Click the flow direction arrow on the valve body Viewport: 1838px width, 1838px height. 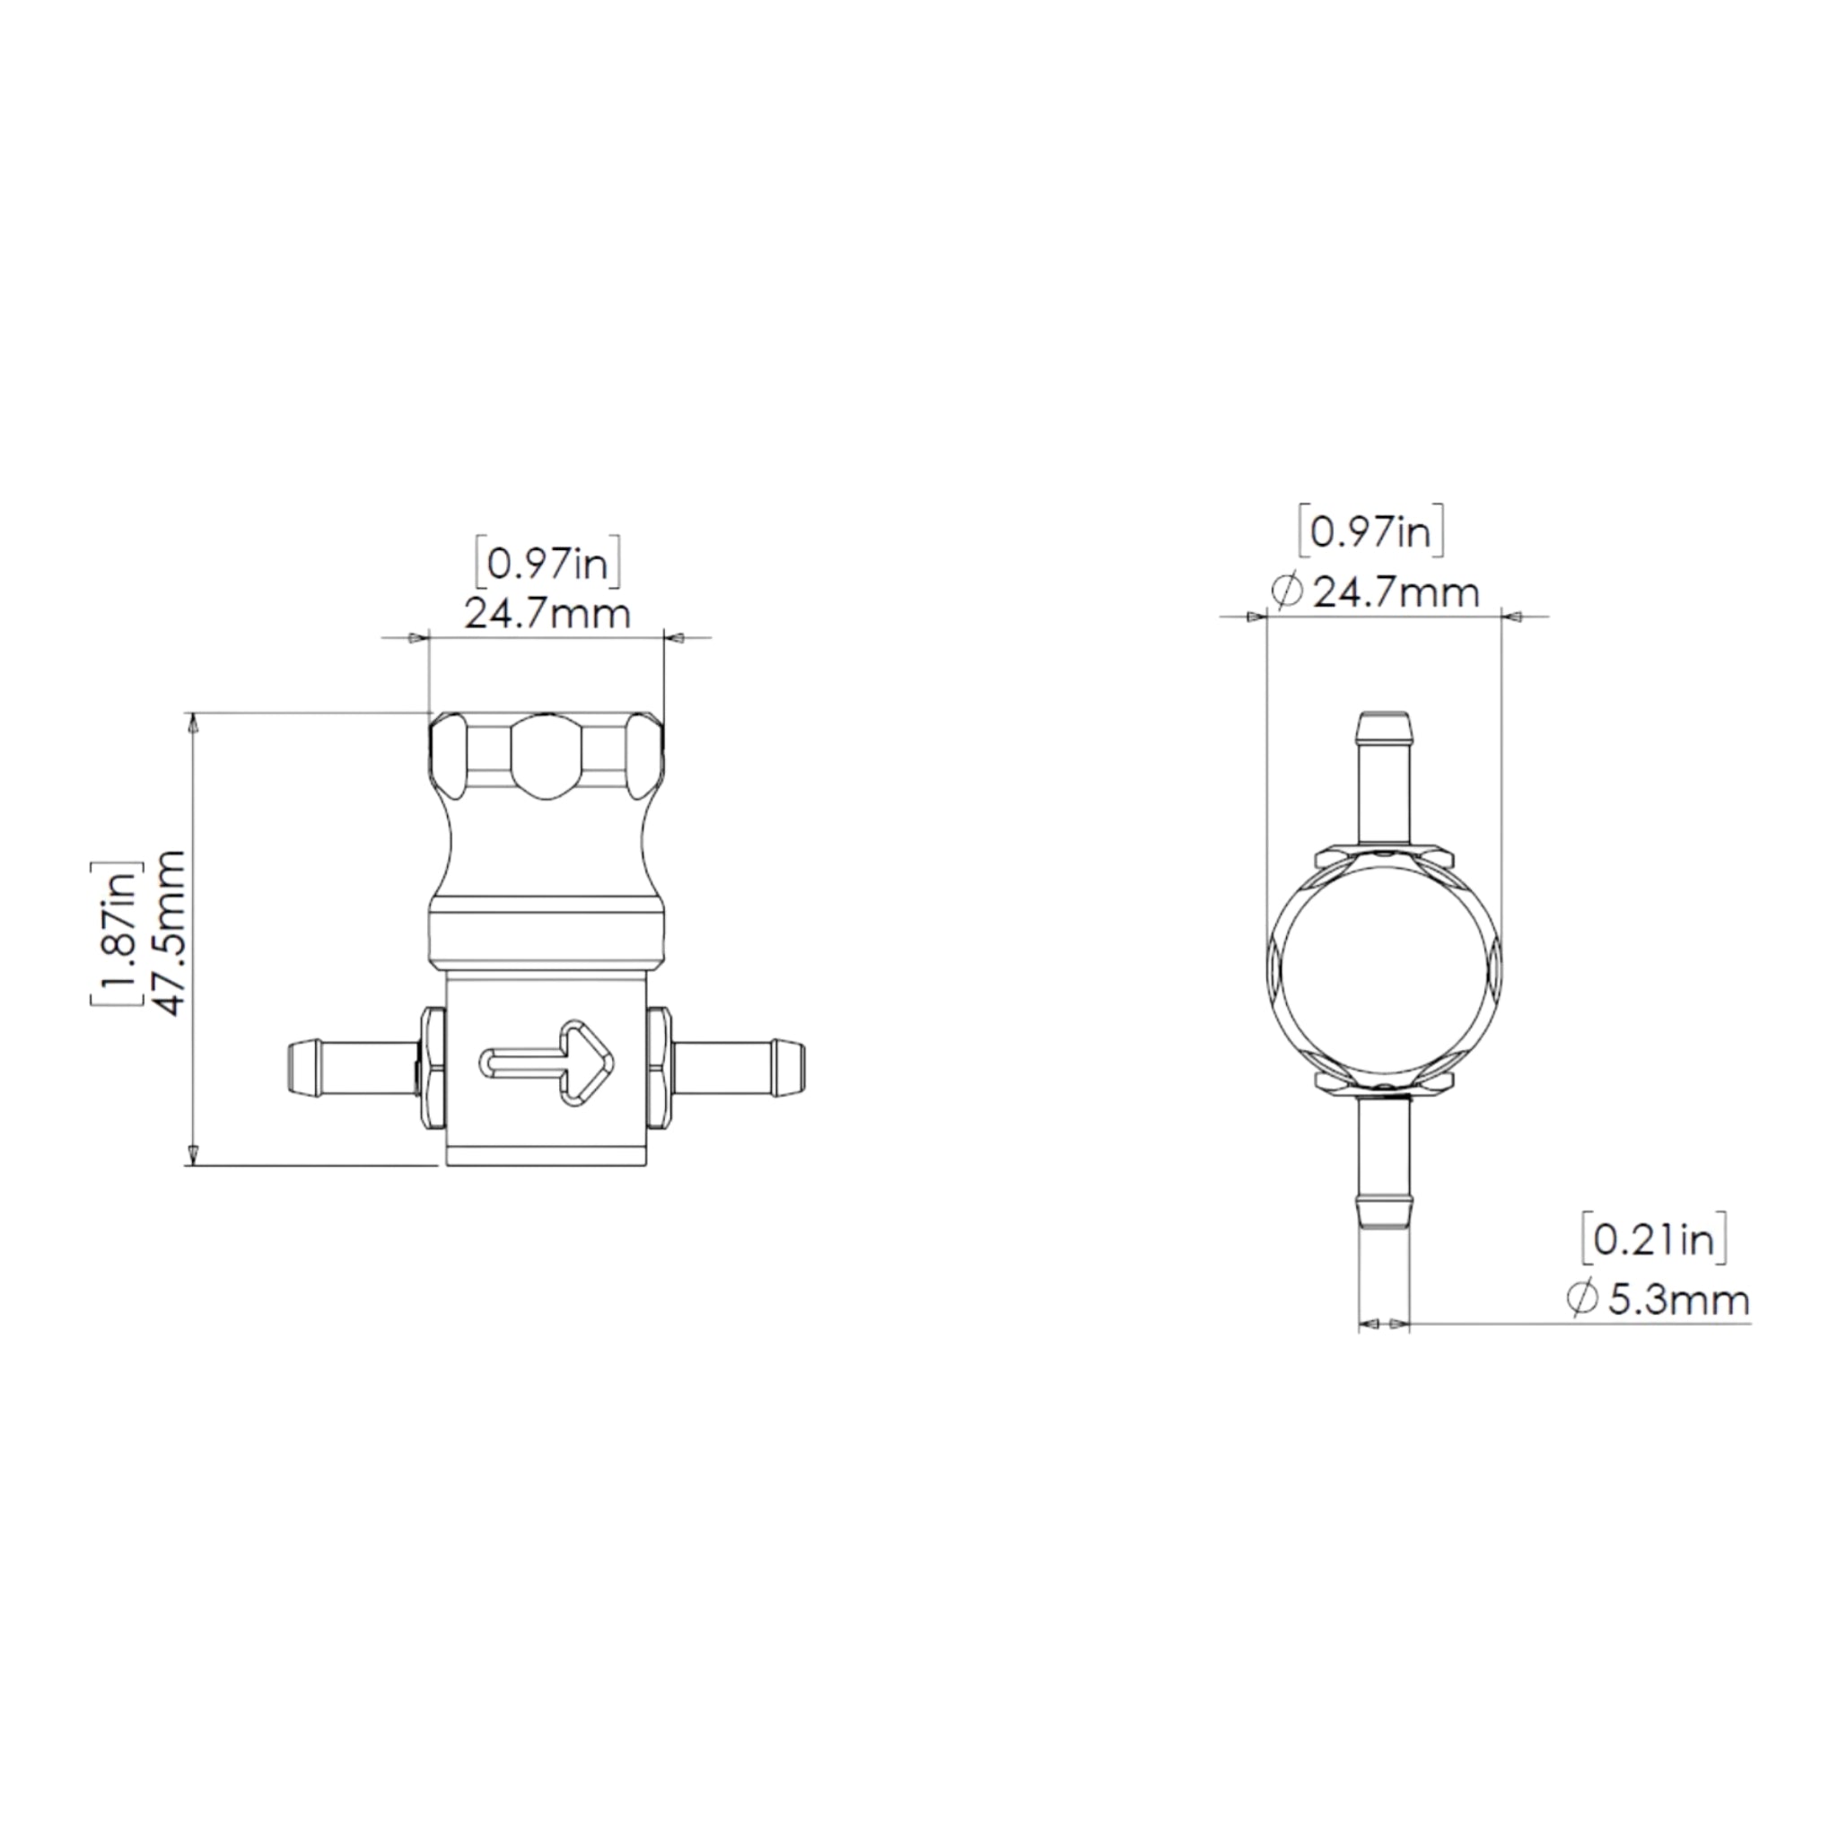click(x=547, y=1063)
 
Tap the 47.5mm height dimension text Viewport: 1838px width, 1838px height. click(x=172, y=932)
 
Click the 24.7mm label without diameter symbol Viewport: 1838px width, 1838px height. click(x=547, y=614)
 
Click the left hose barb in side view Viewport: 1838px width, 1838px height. click(x=353, y=1068)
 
